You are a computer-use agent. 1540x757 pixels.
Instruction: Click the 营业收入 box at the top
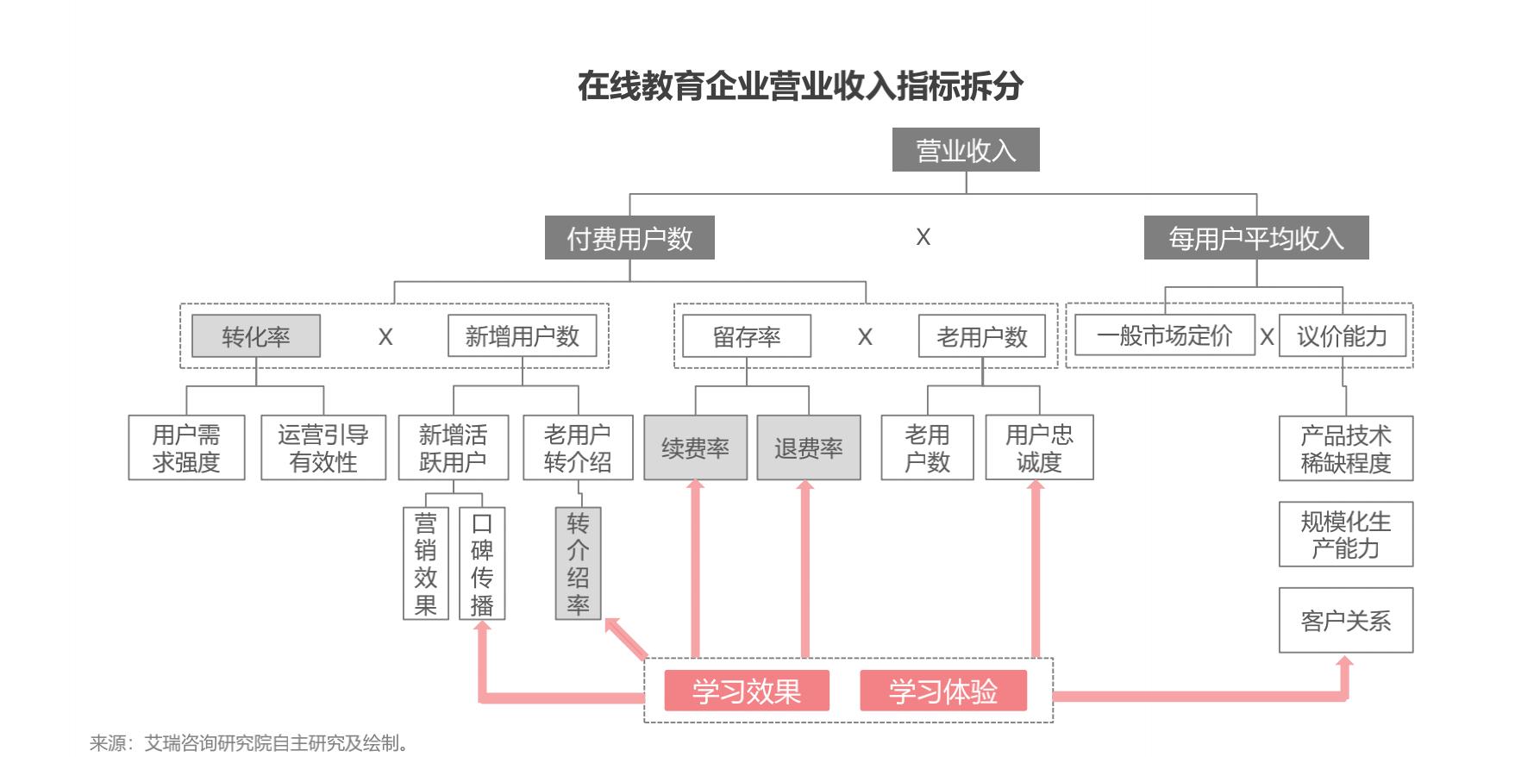[x=965, y=150]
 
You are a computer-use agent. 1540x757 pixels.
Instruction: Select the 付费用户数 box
[x=629, y=238]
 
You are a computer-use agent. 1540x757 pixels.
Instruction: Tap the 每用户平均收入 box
[x=1255, y=238]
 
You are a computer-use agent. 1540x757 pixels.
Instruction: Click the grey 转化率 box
[x=256, y=336]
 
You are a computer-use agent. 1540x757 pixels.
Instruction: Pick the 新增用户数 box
[x=523, y=336]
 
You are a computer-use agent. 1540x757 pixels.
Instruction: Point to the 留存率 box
[x=747, y=336]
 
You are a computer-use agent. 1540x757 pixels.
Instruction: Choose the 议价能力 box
[x=1342, y=336]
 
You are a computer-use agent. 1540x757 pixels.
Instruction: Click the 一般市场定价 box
[x=1164, y=335]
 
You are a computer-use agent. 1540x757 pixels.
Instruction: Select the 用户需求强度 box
[x=186, y=447]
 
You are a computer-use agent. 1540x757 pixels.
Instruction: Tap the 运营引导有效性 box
[x=323, y=447]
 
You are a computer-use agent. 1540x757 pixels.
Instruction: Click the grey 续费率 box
[x=695, y=447]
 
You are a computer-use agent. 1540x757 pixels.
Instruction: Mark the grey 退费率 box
[x=808, y=447]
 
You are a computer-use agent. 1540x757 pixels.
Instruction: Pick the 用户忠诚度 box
[x=1039, y=447]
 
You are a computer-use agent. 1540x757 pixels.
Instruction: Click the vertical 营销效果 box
[x=426, y=563]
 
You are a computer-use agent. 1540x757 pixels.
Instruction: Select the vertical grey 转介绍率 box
[x=578, y=563]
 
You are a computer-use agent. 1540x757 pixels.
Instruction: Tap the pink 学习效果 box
[x=747, y=691]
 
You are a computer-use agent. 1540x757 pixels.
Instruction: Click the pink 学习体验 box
[x=943, y=691]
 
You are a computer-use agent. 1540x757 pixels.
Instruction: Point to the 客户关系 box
[x=1345, y=620]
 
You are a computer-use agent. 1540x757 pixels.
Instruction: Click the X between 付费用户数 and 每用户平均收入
[x=923, y=237]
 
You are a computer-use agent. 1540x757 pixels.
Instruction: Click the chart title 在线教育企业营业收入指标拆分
[x=800, y=86]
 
